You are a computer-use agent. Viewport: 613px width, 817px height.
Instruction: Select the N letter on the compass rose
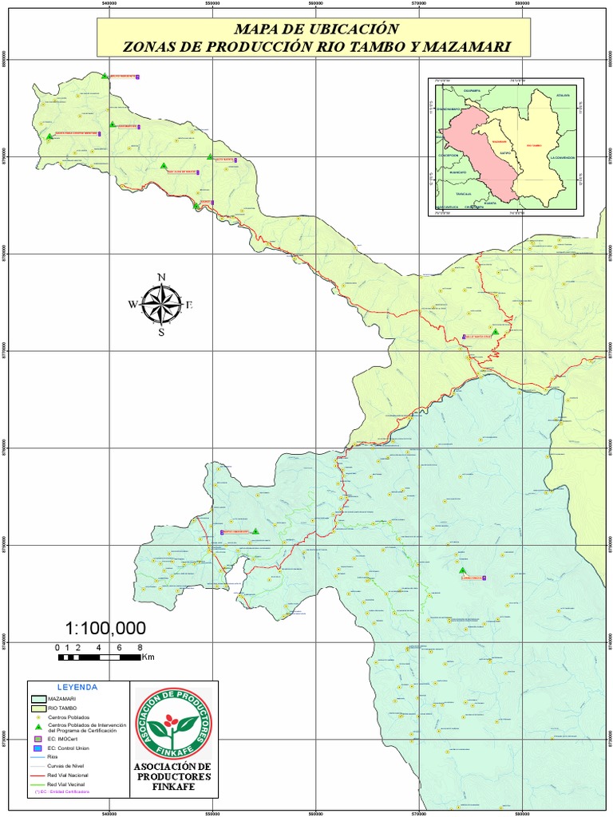pos(161,278)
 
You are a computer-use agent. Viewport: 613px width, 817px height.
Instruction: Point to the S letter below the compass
pos(161,333)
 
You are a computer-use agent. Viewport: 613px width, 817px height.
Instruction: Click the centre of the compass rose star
pos(161,304)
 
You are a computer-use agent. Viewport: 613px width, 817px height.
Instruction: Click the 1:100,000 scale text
pos(105,628)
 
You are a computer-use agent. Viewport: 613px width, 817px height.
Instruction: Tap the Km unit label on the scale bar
pos(148,657)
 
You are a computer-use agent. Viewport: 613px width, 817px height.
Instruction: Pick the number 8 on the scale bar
pos(140,647)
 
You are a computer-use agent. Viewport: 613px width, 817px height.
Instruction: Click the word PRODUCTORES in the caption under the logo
pos(173,776)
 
